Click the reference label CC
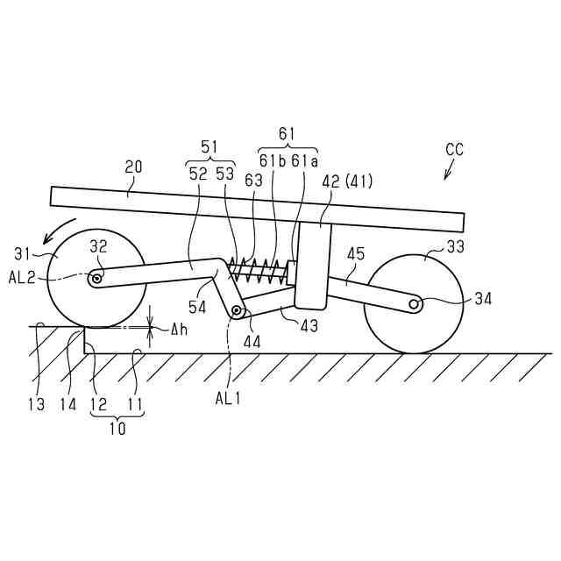click(x=454, y=150)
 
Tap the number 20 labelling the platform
click(x=133, y=167)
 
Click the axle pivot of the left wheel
click(x=96, y=280)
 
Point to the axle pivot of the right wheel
click(x=415, y=303)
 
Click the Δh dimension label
click(x=179, y=330)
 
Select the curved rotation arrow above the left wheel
click(x=63, y=228)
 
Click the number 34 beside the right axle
click(x=482, y=299)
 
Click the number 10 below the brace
click(x=117, y=430)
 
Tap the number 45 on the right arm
click(x=353, y=255)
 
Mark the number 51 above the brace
click(x=209, y=146)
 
